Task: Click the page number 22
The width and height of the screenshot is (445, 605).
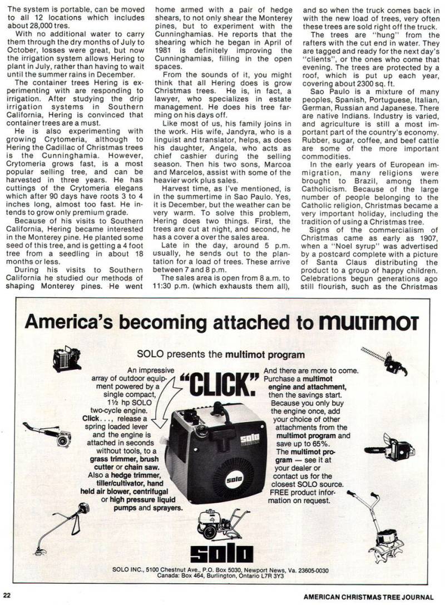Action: [6, 596]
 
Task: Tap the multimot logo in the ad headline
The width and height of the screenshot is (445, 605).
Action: [368, 322]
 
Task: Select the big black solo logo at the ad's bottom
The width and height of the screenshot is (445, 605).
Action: [221, 553]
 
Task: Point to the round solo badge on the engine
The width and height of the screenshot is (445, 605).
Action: [234, 478]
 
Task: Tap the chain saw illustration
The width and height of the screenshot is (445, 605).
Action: [390, 448]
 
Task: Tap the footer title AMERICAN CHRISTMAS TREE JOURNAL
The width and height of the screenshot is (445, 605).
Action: [368, 596]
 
